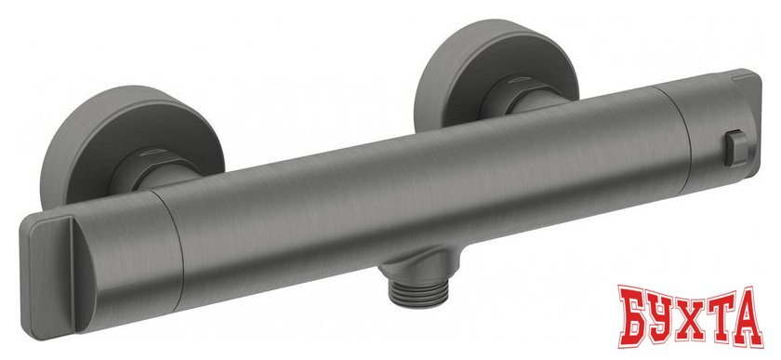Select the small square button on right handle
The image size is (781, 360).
[x=736, y=148]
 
